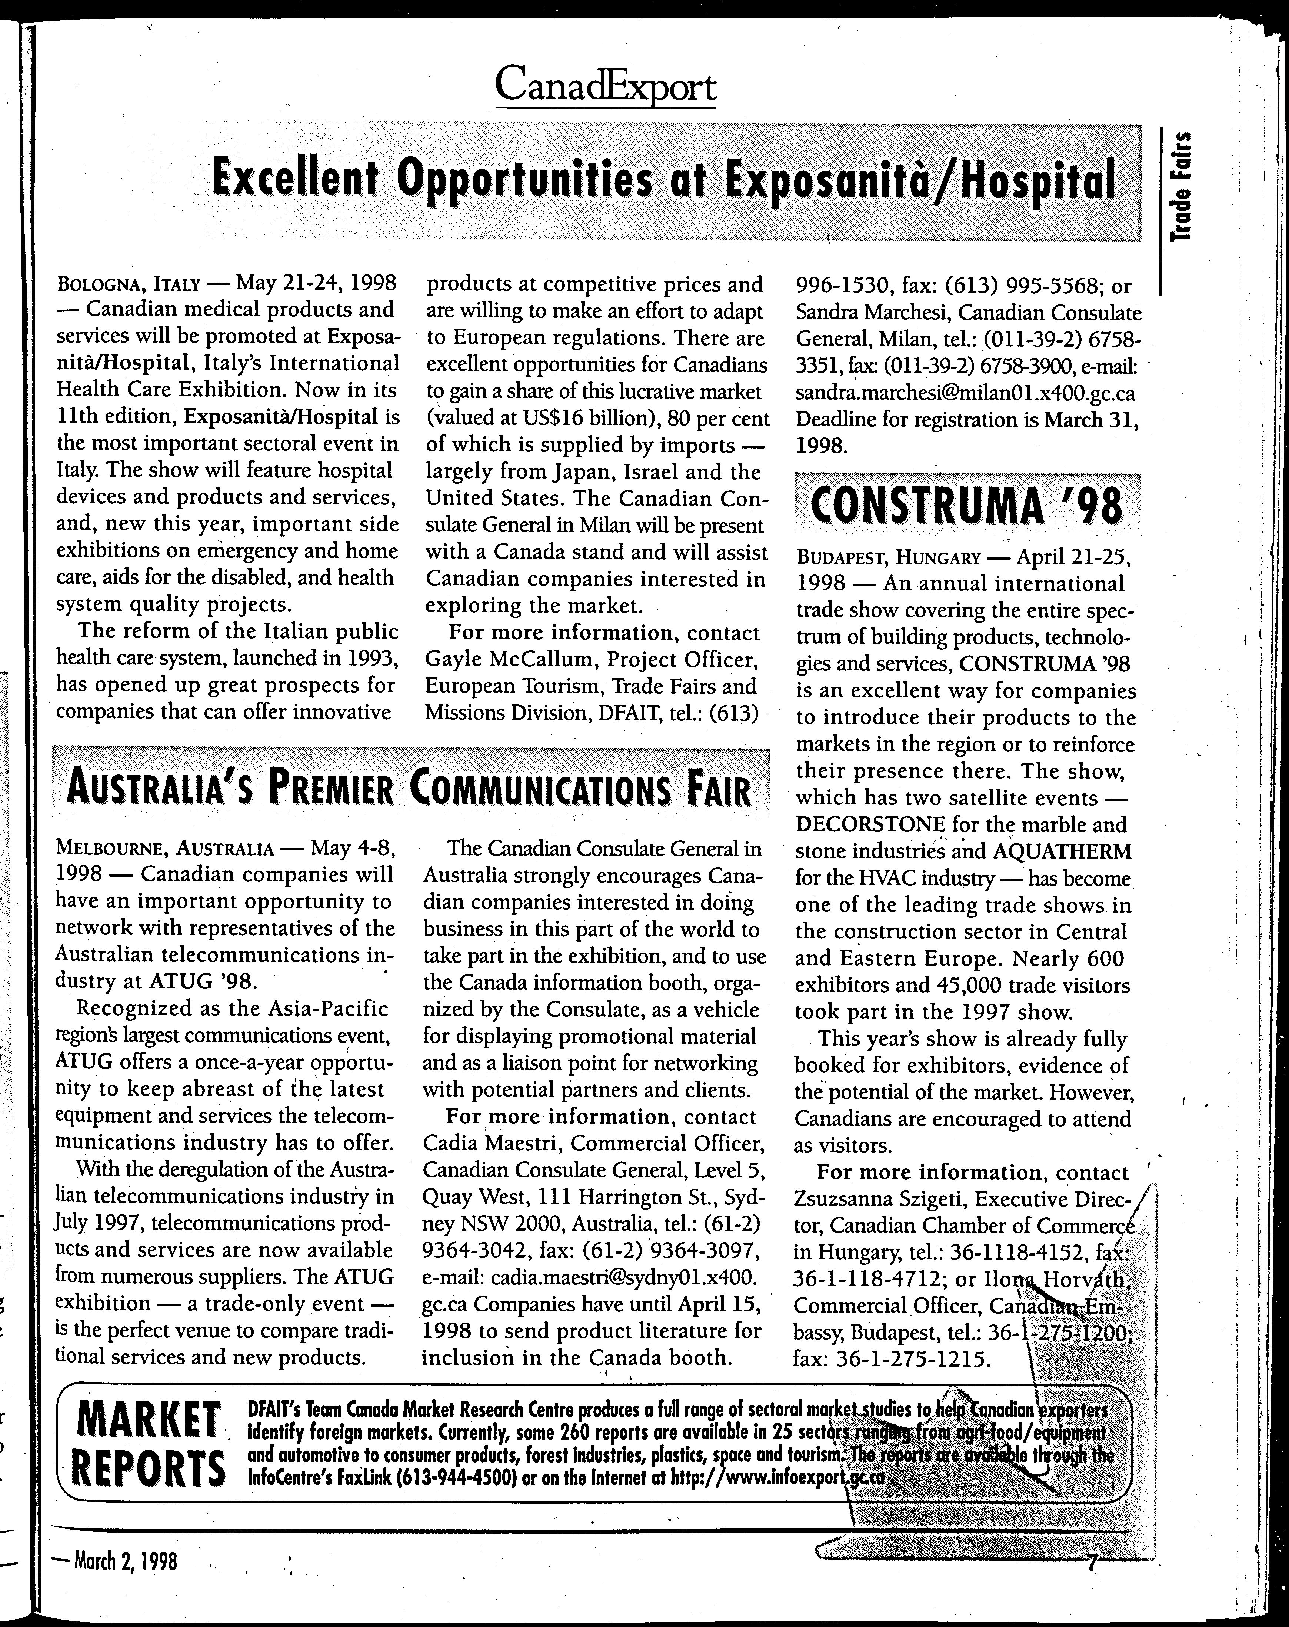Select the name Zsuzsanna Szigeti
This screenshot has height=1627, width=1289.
pyautogui.click(x=878, y=1199)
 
